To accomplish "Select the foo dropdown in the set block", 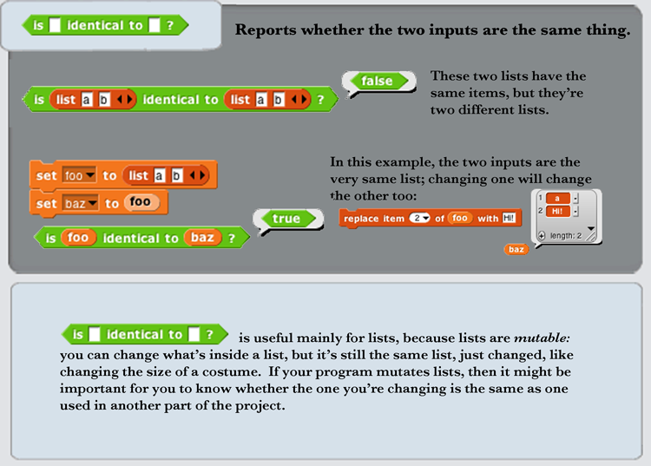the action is [x=79, y=175].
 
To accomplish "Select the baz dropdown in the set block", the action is [x=81, y=203].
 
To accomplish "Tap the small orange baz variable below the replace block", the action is [x=516, y=249].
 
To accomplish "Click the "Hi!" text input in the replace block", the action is [x=509, y=219].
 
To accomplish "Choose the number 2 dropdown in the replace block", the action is [x=419, y=219].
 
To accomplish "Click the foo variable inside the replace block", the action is [x=459, y=219].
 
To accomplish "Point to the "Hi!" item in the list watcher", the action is [x=557, y=211].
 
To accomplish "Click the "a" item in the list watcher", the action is [x=557, y=199].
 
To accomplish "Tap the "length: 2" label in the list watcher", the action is [x=566, y=236].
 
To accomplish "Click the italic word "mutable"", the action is [x=542, y=338].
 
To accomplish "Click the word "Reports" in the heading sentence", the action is [x=266, y=30].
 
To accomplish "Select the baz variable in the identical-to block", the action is [x=202, y=238].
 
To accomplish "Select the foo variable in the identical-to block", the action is [x=78, y=238].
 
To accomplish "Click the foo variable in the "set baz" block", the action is [x=141, y=202].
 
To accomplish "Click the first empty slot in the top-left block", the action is [x=55, y=25].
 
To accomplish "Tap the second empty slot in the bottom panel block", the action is [x=194, y=334].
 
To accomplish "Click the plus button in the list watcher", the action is [x=542, y=236].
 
